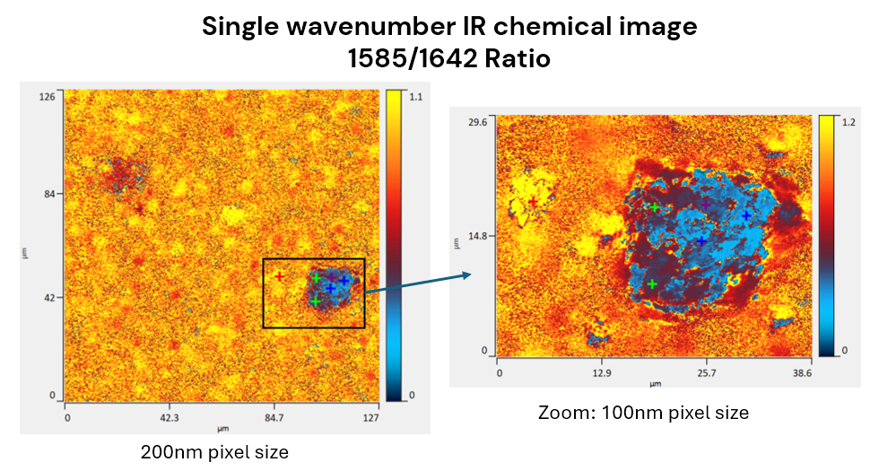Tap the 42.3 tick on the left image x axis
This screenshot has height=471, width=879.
(x=170, y=417)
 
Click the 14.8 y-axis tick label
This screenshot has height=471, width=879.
(x=477, y=236)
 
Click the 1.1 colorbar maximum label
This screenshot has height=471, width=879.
(x=416, y=96)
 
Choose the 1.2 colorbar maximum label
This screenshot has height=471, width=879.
(x=850, y=123)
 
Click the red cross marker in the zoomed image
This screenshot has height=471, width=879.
(x=533, y=202)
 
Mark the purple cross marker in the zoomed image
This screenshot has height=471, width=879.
(x=706, y=205)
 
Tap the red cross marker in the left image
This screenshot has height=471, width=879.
(x=280, y=276)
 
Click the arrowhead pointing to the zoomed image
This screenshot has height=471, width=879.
(x=466, y=275)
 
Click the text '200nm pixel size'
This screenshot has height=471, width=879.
(x=214, y=451)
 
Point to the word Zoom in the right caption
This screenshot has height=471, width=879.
(x=562, y=413)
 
